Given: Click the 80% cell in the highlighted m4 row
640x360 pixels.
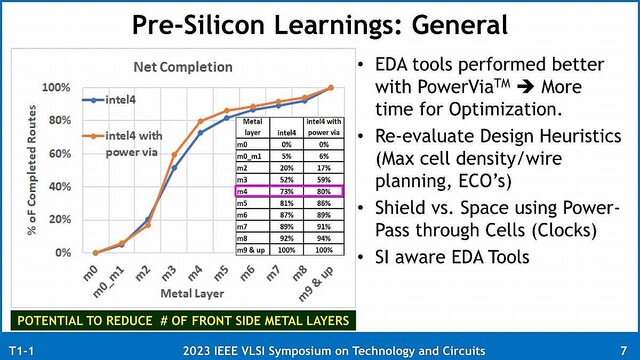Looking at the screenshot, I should pyautogui.click(x=323, y=190).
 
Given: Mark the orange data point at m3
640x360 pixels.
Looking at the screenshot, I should pyautogui.click(x=174, y=155).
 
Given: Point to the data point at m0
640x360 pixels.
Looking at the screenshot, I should pyautogui.click(x=95, y=253).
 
